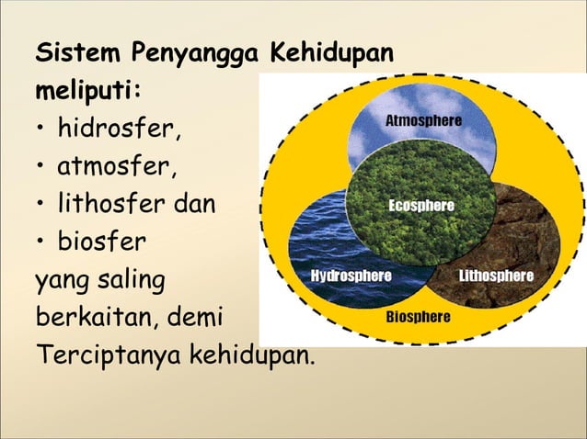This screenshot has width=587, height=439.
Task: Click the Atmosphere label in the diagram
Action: pos(422,121)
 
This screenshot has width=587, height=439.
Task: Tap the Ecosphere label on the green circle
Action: pos(420,206)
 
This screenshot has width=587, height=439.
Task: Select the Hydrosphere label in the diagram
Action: pos(351,276)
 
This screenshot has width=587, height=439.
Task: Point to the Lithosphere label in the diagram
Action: pos(495,276)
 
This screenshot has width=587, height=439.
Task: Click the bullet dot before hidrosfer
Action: pos(42,129)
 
